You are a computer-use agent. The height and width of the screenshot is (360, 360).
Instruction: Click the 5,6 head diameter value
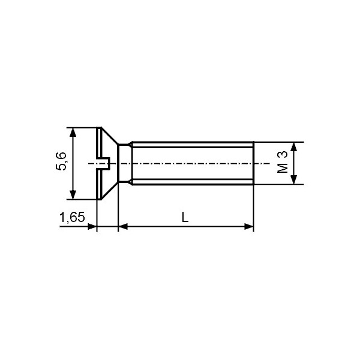[x=61, y=163]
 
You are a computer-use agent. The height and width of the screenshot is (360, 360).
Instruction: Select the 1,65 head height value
[x=72, y=217]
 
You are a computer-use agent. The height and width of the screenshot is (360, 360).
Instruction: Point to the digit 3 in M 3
[x=283, y=155]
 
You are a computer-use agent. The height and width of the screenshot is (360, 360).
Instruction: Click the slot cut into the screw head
[x=103, y=163]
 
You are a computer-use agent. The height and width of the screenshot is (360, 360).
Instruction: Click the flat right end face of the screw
[x=254, y=163]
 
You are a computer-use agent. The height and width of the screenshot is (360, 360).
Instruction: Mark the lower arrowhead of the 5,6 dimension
[x=73, y=194]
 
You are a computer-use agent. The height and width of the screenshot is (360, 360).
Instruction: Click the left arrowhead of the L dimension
[x=122, y=227]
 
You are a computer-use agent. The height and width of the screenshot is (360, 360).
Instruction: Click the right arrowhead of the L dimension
[x=249, y=227]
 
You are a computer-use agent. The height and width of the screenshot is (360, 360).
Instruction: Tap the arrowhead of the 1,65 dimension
[x=92, y=227]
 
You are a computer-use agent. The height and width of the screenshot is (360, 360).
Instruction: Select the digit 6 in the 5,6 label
[x=61, y=156]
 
